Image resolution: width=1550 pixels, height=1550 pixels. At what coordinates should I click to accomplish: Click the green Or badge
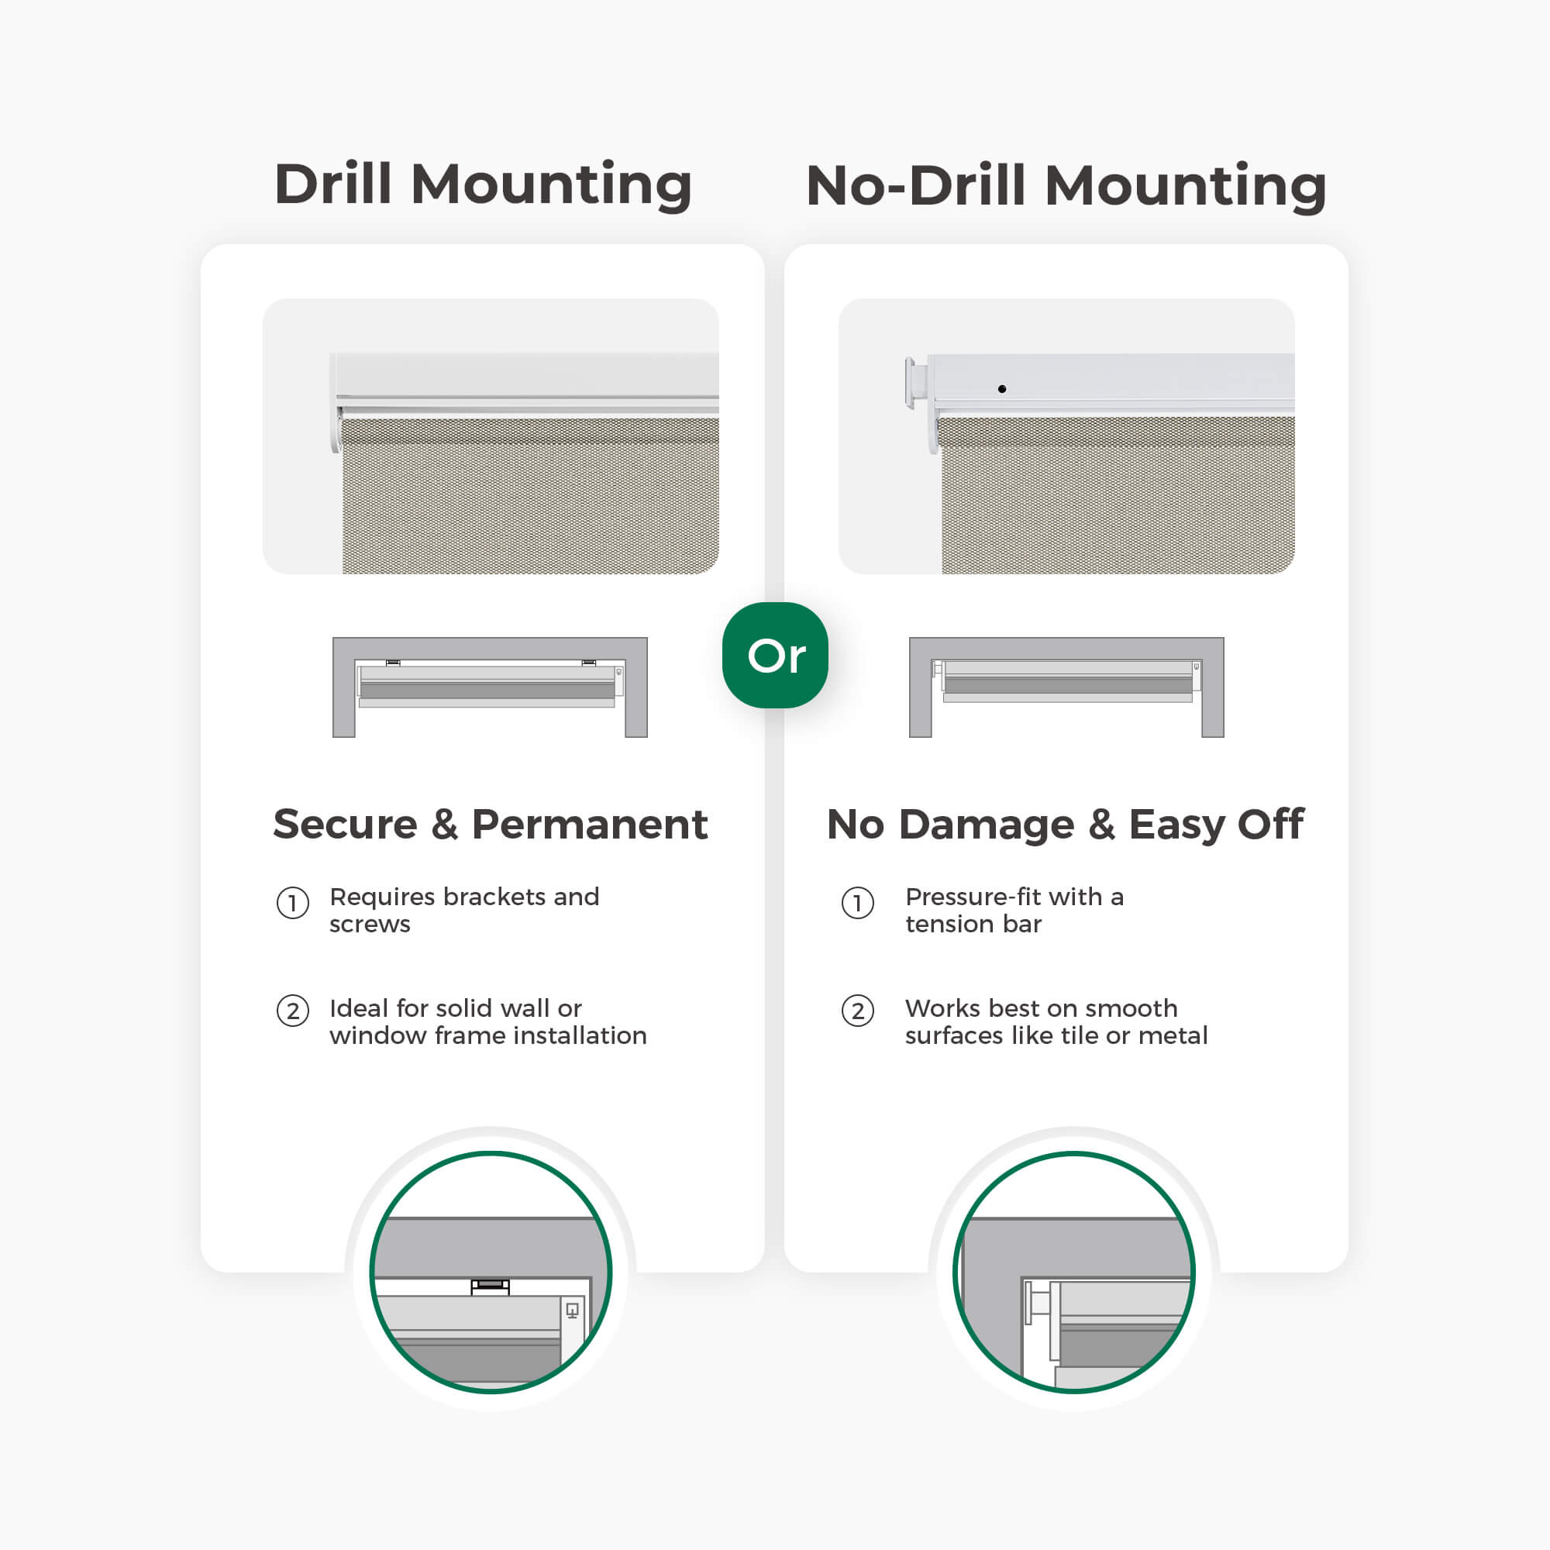point(775,655)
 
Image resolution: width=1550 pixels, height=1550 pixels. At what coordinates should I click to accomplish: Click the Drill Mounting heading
point(483,185)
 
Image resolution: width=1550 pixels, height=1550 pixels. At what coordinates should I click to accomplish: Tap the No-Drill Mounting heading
point(1066,186)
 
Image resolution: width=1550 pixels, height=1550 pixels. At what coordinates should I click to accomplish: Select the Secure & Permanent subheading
point(491,824)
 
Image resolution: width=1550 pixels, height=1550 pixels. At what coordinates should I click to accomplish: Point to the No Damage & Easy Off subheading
point(1066,825)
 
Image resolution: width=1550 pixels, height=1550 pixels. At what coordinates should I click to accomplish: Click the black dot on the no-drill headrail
point(1002,389)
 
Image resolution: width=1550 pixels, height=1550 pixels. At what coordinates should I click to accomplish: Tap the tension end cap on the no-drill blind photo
point(915,384)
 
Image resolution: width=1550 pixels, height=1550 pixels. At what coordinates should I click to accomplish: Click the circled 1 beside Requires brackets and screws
point(293,904)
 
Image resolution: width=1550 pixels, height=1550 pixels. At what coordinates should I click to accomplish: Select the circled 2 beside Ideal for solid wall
point(293,1011)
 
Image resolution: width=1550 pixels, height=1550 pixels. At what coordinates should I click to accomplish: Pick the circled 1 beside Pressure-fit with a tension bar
point(858,904)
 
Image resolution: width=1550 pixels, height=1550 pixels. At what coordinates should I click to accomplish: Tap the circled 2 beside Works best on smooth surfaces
point(858,1011)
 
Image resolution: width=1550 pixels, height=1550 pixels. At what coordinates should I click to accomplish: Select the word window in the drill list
point(377,1035)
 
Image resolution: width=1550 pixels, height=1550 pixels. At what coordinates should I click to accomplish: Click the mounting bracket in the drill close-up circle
point(491,1286)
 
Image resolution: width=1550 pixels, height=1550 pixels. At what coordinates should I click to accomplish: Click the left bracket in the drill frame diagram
point(393,663)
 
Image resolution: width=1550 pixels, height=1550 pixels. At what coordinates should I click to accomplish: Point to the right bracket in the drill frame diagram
point(589,663)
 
